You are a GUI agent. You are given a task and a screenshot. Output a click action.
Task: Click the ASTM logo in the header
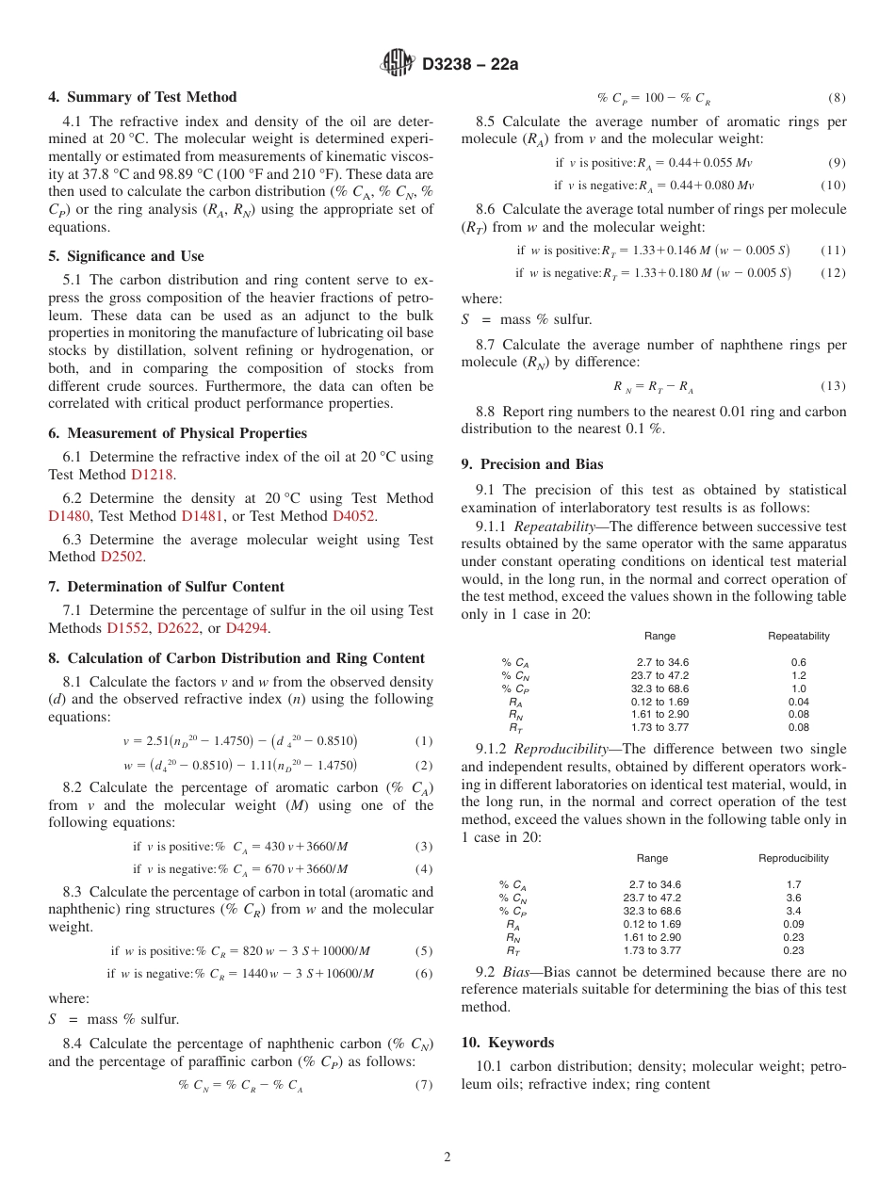[x=398, y=64]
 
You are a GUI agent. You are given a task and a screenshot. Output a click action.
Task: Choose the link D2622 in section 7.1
[x=178, y=628]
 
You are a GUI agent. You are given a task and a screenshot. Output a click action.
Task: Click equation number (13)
[x=833, y=386]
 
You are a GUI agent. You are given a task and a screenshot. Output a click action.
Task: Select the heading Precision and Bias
[x=542, y=464]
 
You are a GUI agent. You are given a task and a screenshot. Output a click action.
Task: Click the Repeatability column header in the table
[x=798, y=636]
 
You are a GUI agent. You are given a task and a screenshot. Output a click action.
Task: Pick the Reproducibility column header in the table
[x=793, y=858]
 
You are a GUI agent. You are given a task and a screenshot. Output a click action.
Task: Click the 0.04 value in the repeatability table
[x=798, y=702]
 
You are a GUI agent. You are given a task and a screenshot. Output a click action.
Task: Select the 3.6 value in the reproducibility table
[x=793, y=898]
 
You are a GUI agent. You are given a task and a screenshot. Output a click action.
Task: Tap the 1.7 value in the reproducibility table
[x=793, y=884]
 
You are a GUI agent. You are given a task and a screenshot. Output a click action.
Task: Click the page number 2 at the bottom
[x=447, y=1158]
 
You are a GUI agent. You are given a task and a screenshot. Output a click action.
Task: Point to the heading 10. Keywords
[x=508, y=1043]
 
